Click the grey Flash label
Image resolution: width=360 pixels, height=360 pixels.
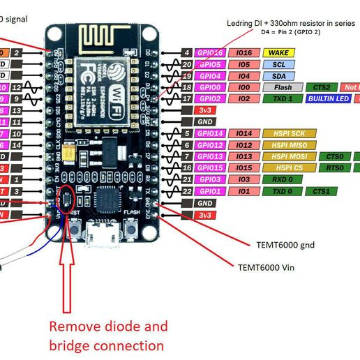[283, 88]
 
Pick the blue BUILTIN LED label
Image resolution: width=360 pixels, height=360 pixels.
[328, 99]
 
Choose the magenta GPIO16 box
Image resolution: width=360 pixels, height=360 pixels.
[210, 52]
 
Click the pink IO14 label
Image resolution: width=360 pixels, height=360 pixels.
[244, 133]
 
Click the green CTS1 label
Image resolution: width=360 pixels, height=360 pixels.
[320, 191]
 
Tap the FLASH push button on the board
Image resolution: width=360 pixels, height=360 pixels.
[131, 228]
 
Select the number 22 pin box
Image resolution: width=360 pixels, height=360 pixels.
[187, 191]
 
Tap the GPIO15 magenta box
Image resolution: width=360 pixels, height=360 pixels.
[210, 168]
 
